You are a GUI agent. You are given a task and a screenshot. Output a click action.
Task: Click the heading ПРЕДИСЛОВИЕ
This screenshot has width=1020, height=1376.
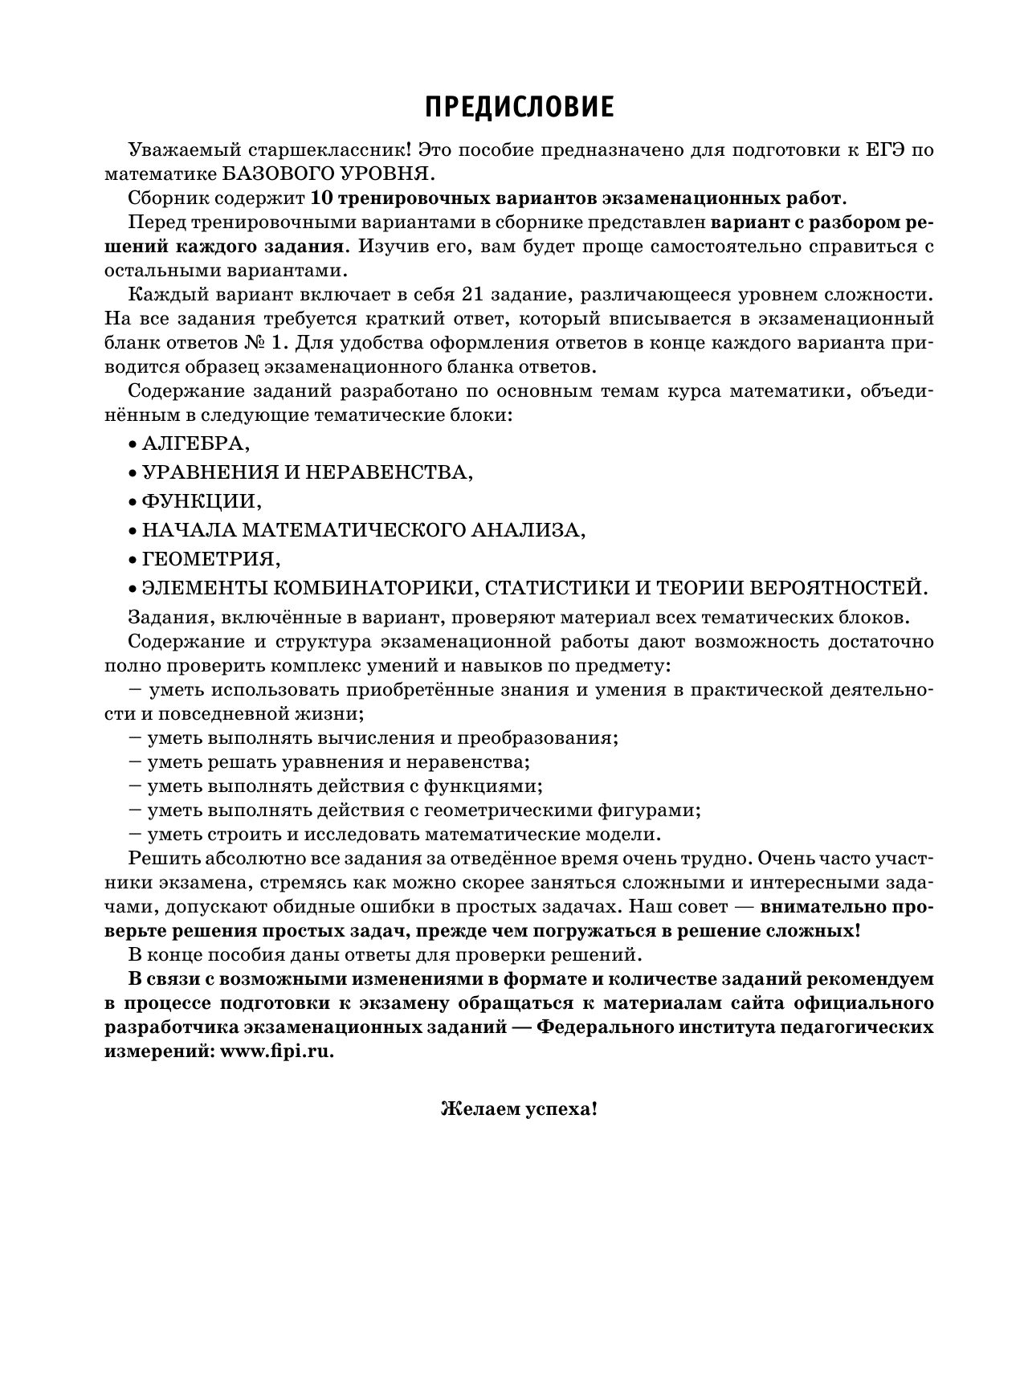519,107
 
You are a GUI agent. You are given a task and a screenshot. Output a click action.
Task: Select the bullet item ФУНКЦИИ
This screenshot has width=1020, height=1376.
201,501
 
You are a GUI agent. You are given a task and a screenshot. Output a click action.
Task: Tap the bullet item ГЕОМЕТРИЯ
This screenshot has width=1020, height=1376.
210,558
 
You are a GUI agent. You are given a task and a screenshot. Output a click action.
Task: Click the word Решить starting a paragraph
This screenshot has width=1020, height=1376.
162,858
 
